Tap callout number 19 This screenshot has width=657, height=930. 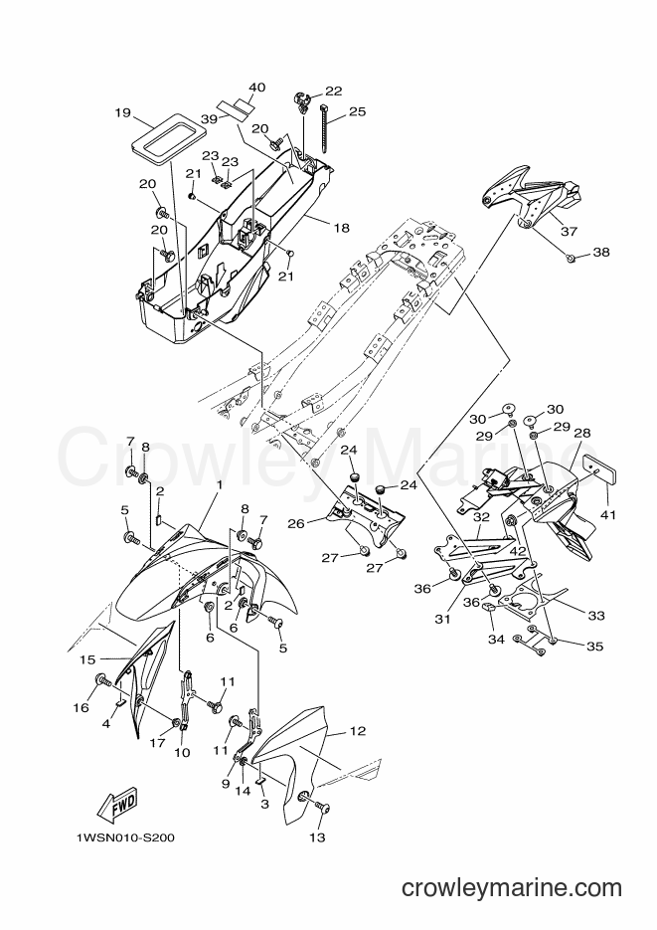pos(122,112)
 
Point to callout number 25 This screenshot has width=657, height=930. pos(357,111)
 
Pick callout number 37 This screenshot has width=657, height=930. pos(569,232)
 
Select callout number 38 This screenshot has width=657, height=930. pos(600,252)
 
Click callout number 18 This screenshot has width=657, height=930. pos(342,228)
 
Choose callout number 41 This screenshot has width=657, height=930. pos(608,515)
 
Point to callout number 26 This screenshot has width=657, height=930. pos(296,524)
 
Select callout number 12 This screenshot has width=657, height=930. pos(358,731)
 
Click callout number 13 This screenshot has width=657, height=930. pos(317,837)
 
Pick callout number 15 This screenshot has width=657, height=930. pos(87,659)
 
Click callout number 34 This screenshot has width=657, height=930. pos(496,640)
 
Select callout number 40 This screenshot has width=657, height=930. pos(256,88)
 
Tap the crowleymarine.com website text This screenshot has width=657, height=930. pos(512,888)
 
